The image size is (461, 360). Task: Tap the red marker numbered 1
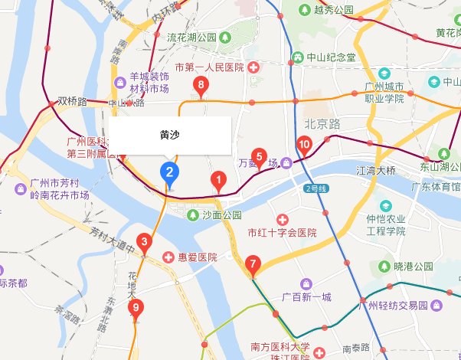tap(218, 182)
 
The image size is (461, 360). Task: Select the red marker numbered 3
tap(143, 243)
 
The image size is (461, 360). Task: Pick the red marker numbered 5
tap(259, 158)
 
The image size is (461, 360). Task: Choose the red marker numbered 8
tap(201, 86)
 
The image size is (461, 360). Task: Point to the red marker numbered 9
tap(136, 308)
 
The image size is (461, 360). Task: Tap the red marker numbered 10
tap(303, 145)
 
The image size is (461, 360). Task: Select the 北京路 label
tap(327, 123)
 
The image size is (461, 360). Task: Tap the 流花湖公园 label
tap(192, 37)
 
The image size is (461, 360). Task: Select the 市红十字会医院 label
tap(282, 232)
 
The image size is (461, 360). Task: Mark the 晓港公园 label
tap(414, 267)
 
